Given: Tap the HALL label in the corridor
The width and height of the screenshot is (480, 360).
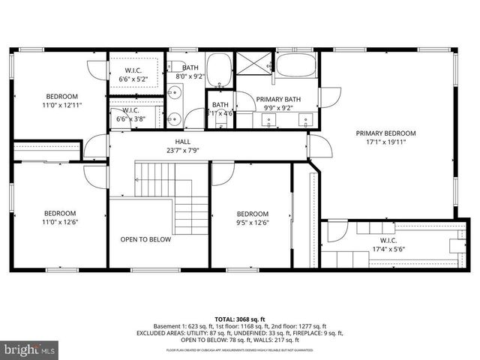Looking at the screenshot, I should (x=183, y=141).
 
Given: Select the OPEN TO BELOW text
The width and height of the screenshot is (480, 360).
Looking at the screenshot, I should (x=145, y=240).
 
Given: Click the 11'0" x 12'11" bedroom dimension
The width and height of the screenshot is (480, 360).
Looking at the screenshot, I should (x=61, y=106).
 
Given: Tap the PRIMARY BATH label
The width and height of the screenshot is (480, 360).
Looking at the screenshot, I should (x=278, y=100).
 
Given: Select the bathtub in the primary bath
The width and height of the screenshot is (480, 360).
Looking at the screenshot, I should (x=296, y=65).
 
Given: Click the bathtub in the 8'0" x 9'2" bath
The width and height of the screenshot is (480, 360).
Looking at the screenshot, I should (x=220, y=69).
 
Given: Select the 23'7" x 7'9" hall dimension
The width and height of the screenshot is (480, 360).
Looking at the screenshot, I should (x=183, y=150).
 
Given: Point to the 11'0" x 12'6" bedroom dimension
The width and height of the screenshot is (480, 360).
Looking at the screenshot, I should (x=61, y=222).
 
